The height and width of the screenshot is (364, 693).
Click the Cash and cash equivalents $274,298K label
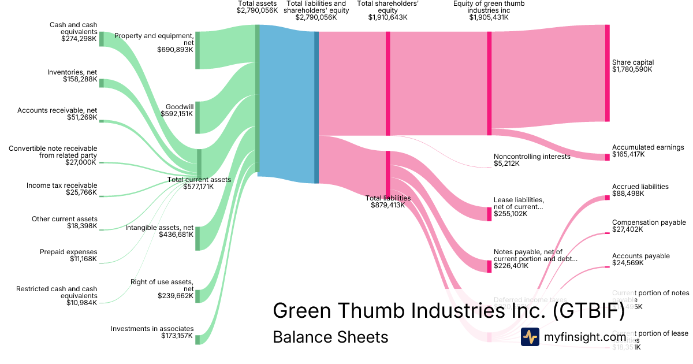[73, 32]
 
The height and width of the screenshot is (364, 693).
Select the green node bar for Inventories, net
[102, 83]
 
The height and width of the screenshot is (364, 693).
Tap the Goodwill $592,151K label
[177, 110]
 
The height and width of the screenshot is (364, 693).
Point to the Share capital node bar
[607, 73]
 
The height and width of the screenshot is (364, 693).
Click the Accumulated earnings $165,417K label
[647, 151]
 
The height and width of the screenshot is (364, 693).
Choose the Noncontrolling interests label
[531, 160]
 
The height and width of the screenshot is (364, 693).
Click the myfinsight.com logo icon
[530, 337]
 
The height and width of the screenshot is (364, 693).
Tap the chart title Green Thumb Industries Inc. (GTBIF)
[449, 311]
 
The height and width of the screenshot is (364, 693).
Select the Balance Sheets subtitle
[330, 337]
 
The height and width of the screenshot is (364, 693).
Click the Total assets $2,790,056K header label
[258, 7]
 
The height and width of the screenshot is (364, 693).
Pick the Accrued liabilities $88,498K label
[640, 190]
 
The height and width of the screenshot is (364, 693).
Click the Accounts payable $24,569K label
[640, 259]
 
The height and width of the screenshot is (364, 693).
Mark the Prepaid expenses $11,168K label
[68, 255]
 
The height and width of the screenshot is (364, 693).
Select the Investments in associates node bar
[197, 339]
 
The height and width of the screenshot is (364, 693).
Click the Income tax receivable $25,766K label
[62, 189]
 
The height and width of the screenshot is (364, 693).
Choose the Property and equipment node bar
[197, 50]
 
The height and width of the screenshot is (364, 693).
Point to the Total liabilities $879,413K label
[388, 201]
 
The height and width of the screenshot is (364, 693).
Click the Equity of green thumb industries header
[489, 10]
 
